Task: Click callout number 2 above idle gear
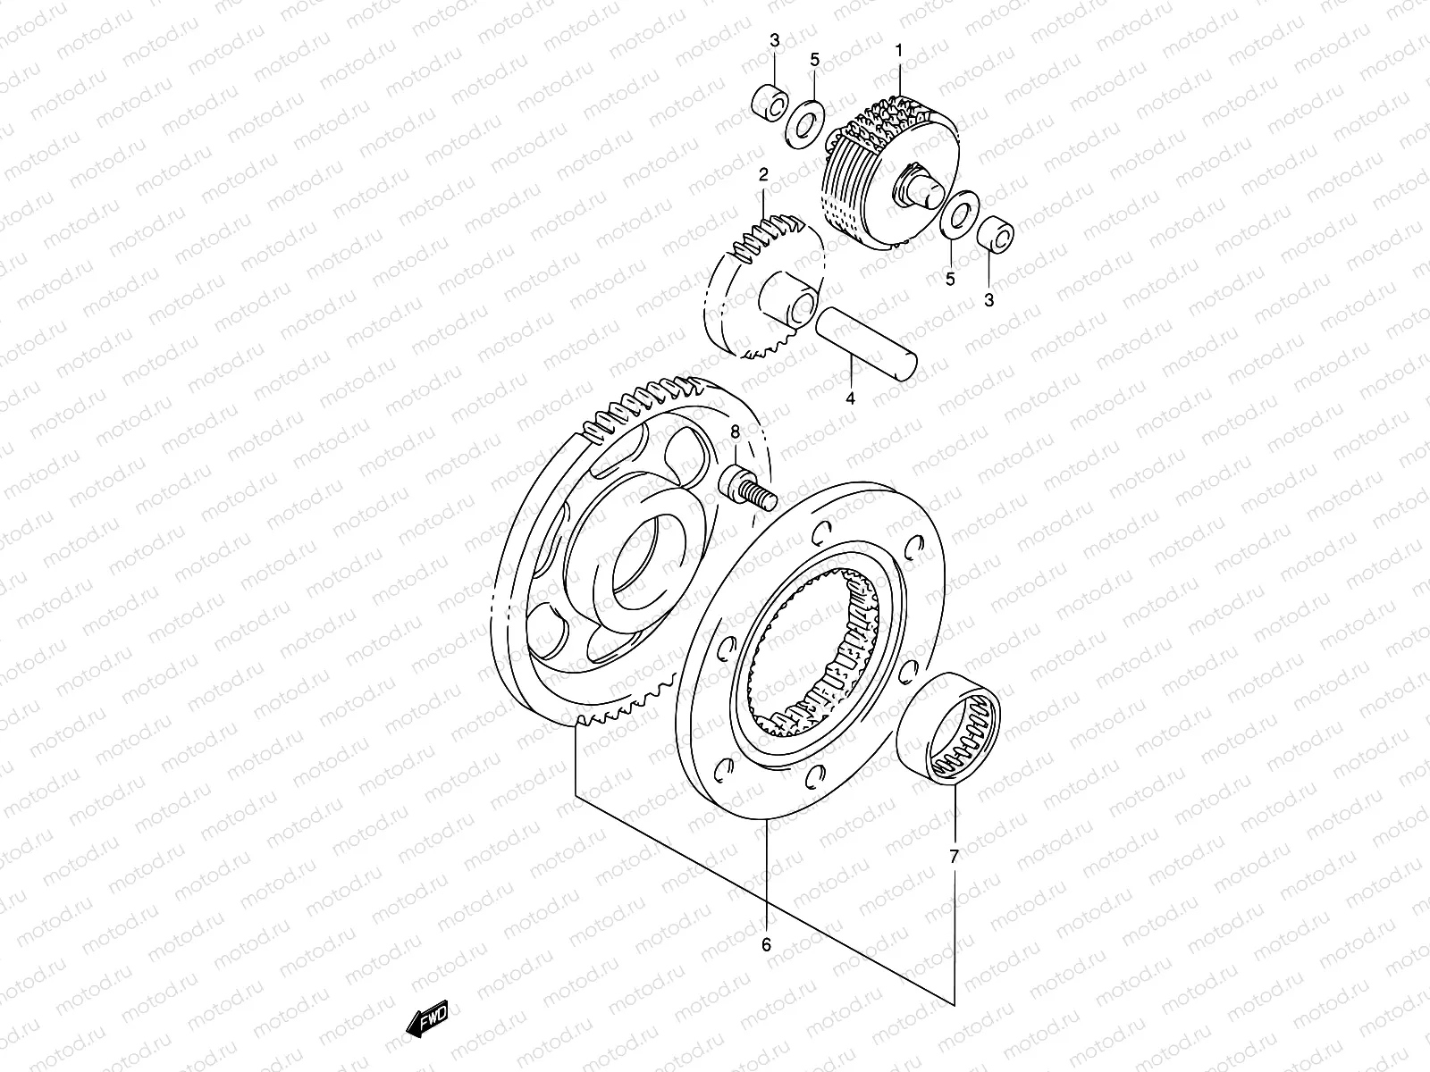coord(763,174)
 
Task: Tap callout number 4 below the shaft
coord(850,398)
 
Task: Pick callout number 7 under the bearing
coord(954,857)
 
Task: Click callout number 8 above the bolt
coord(735,431)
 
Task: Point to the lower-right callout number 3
coord(988,300)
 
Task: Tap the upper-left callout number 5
coord(814,59)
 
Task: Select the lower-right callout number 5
coord(950,279)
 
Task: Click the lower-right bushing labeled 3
coord(997,238)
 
